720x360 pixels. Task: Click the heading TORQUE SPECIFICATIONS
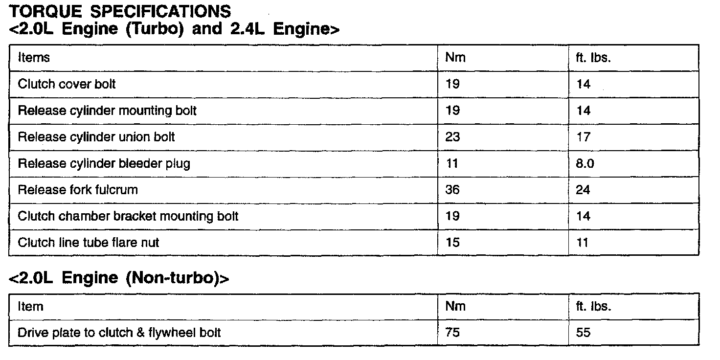tap(119, 11)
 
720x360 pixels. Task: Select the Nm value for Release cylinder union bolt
tap(452, 137)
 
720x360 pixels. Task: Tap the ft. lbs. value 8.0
tap(585, 163)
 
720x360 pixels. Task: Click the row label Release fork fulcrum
tap(78, 190)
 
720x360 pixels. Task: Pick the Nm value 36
tap(452, 190)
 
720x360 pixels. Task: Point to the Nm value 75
tap(452, 333)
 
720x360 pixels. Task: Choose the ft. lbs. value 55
tap(583, 333)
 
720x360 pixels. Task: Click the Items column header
tap(34, 58)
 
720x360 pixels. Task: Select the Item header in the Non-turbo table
tap(30, 307)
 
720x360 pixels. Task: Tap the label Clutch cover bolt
tap(67, 84)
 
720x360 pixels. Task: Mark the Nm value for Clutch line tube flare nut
tap(452, 242)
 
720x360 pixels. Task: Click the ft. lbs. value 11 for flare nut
tap(582, 242)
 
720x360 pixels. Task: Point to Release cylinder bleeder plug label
tap(104, 163)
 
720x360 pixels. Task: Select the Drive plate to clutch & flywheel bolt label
tap(119, 333)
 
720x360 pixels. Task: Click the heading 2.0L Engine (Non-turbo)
tap(119, 278)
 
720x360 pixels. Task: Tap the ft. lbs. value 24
tap(583, 190)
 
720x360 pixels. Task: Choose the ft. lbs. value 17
tap(583, 137)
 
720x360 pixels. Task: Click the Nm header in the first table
tap(455, 58)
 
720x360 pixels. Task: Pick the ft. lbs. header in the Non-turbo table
tap(594, 307)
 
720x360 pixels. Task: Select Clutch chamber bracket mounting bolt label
tap(128, 216)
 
